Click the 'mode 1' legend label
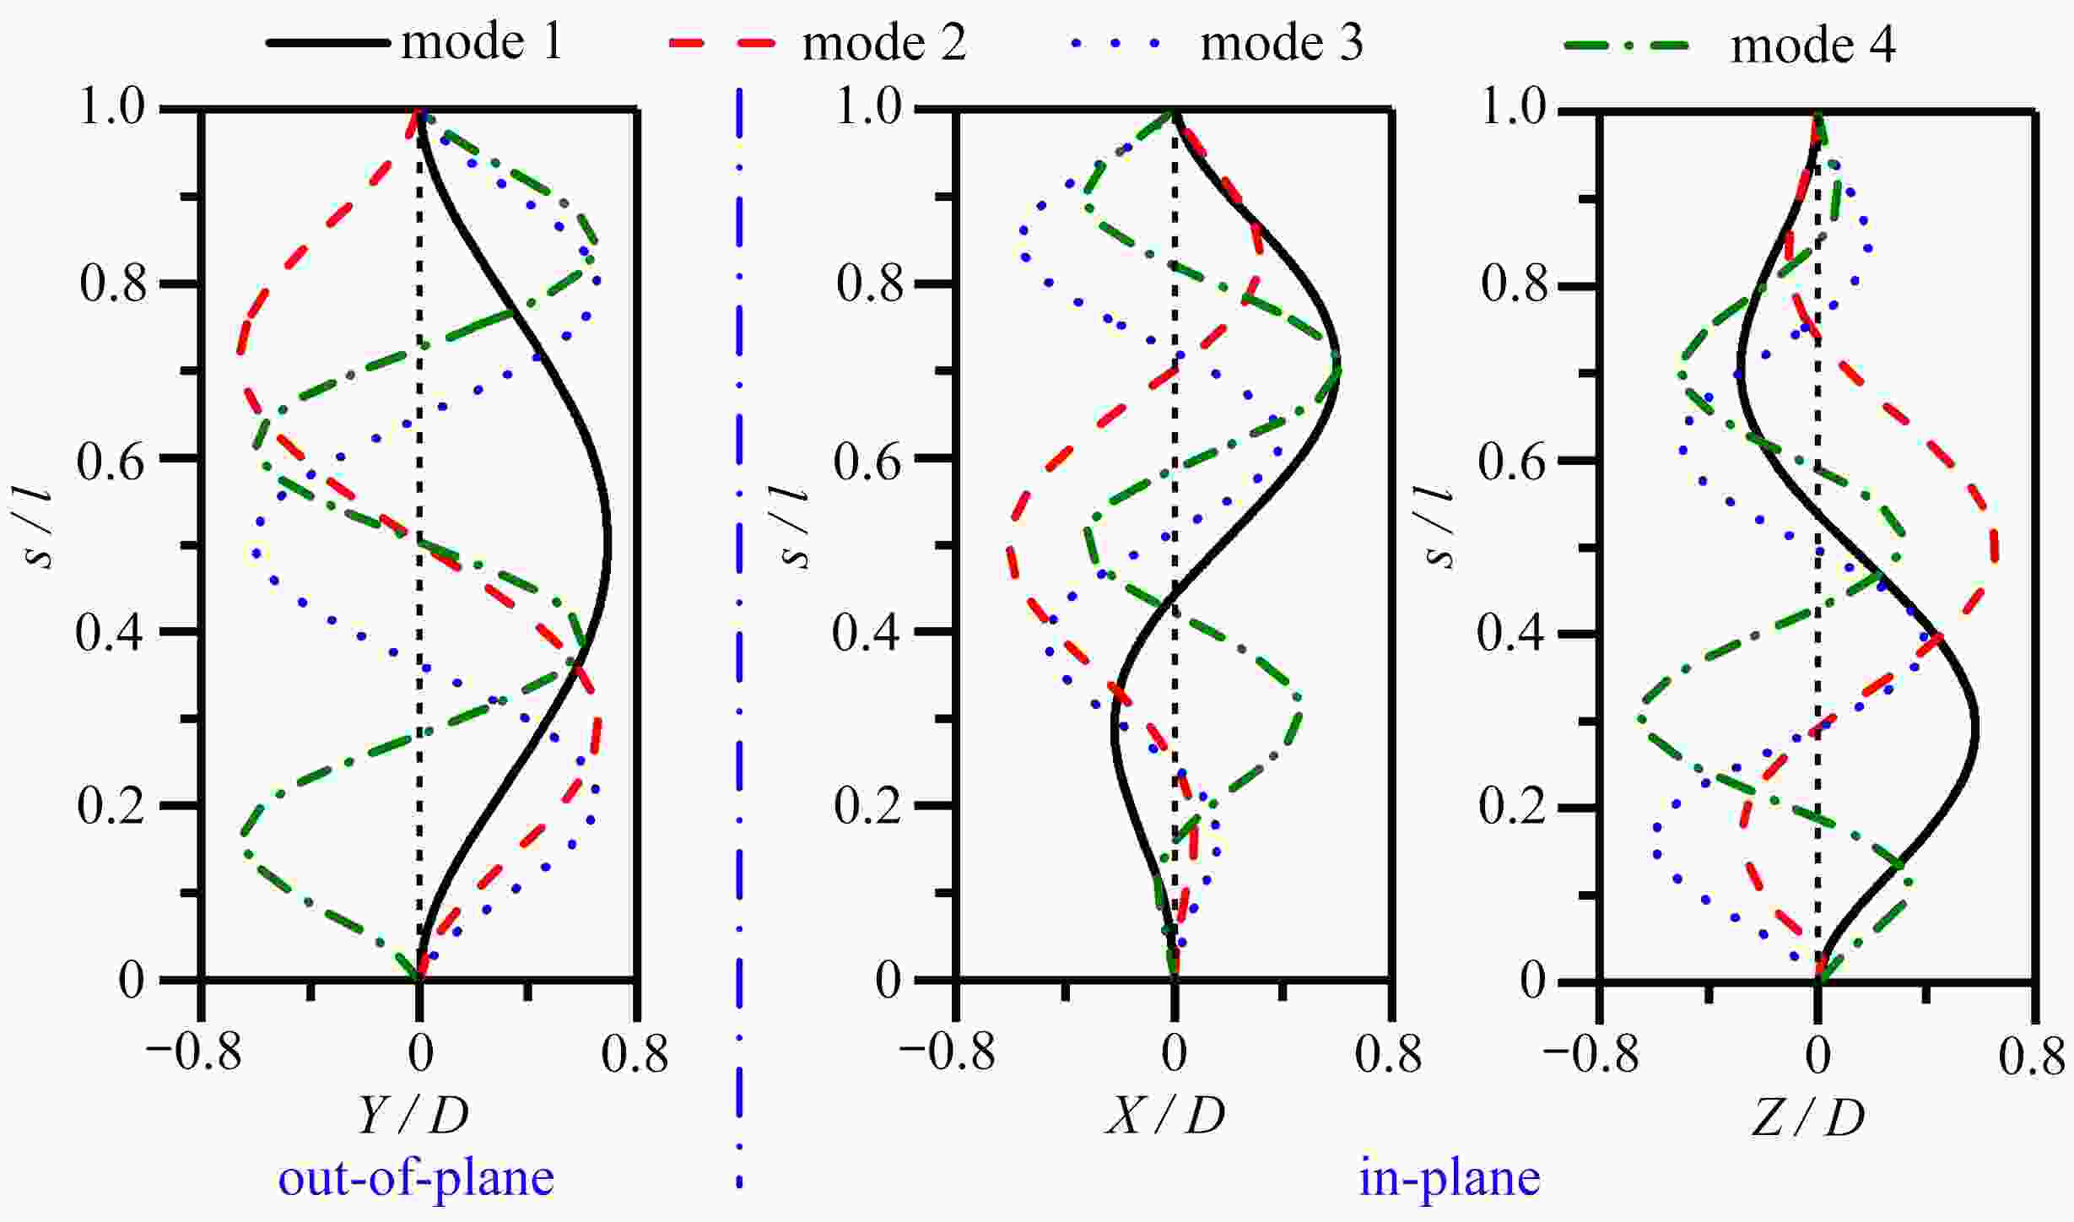coord(482,42)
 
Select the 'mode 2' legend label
coord(883,42)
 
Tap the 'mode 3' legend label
coord(1281,42)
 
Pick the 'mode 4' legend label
coord(1812,46)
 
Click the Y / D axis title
coord(413,1115)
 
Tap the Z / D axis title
coord(1807,1117)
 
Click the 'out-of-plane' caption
coord(416,1178)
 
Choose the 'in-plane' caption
coord(1450,1178)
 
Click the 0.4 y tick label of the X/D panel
coord(867,632)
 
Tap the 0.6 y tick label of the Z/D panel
coord(1512,463)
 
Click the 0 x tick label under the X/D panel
coord(1174,1053)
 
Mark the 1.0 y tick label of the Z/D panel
coord(1515,108)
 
